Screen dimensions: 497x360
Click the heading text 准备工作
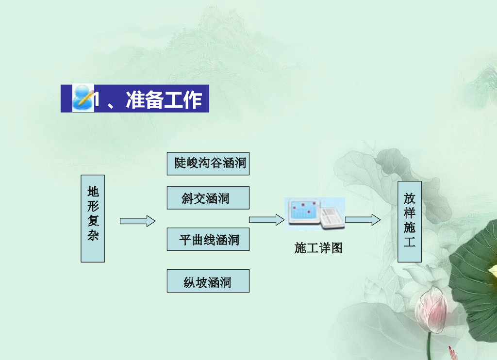tap(164, 99)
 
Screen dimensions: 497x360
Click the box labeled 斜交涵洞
tap(208, 198)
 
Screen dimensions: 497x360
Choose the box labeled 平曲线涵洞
tap(208, 239)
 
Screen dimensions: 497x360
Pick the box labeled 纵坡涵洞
tap(208, 281)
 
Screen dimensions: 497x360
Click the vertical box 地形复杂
tap(93, 218)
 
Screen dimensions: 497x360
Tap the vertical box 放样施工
tap(410, 221)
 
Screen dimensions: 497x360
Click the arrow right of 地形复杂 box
tap(138, 221)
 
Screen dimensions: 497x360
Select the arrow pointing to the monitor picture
tap(266, 220)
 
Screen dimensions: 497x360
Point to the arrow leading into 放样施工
tap(363, 220)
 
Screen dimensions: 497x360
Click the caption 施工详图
tap(318, 248)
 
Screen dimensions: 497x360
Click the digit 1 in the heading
tap(97, 100)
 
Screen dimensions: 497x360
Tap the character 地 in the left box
tap(93, 192)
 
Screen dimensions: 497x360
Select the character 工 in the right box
tap(410, 242)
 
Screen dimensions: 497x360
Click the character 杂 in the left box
tap(93, 236)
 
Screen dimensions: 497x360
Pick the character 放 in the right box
tap(410, 199)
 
